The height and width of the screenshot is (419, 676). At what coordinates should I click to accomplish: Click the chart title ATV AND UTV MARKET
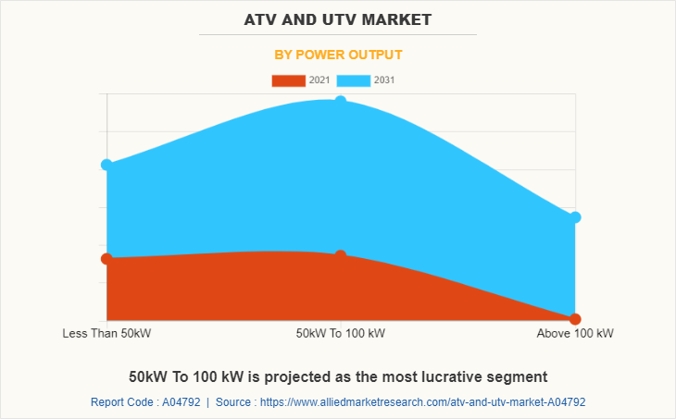coord(338,18)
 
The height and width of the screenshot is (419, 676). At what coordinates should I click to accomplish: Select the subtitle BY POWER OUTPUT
coord(338,55)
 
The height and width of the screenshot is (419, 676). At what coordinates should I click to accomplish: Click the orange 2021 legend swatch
coord(288,80)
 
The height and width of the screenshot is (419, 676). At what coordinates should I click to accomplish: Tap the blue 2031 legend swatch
coord(354,80)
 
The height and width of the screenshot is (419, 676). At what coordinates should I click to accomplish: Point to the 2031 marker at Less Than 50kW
coord(106,165)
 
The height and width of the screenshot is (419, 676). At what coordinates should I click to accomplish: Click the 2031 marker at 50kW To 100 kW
coord(341,101)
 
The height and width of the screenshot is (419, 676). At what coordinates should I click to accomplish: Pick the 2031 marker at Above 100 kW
coord(575,217)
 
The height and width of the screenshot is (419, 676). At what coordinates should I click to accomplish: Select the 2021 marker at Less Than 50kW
coord(106,259)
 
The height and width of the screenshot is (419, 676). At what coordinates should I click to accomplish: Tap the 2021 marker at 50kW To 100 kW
coord(341,255)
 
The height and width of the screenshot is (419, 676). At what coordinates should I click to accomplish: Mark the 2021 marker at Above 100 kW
coord(575,319)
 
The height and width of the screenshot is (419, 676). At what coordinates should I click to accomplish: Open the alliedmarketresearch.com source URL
coord(422,402)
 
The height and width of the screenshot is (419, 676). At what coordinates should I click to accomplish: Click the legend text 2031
coord(384,80)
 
